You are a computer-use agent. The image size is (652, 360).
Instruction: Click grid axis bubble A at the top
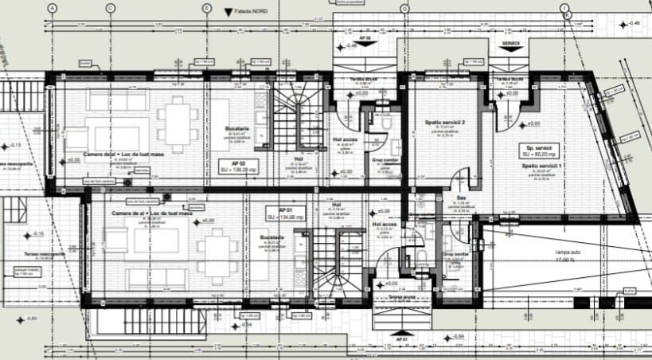[53, 8]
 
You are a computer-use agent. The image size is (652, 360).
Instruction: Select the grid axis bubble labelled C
[110, 8]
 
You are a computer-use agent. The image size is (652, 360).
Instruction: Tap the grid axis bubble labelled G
[404, 8]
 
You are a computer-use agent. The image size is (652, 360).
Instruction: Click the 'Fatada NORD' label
[255, 13]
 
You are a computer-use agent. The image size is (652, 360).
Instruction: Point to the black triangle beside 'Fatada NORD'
[229, 13]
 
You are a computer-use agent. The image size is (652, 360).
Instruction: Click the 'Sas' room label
[460, 198]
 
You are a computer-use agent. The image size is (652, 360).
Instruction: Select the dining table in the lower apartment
[213, 248]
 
